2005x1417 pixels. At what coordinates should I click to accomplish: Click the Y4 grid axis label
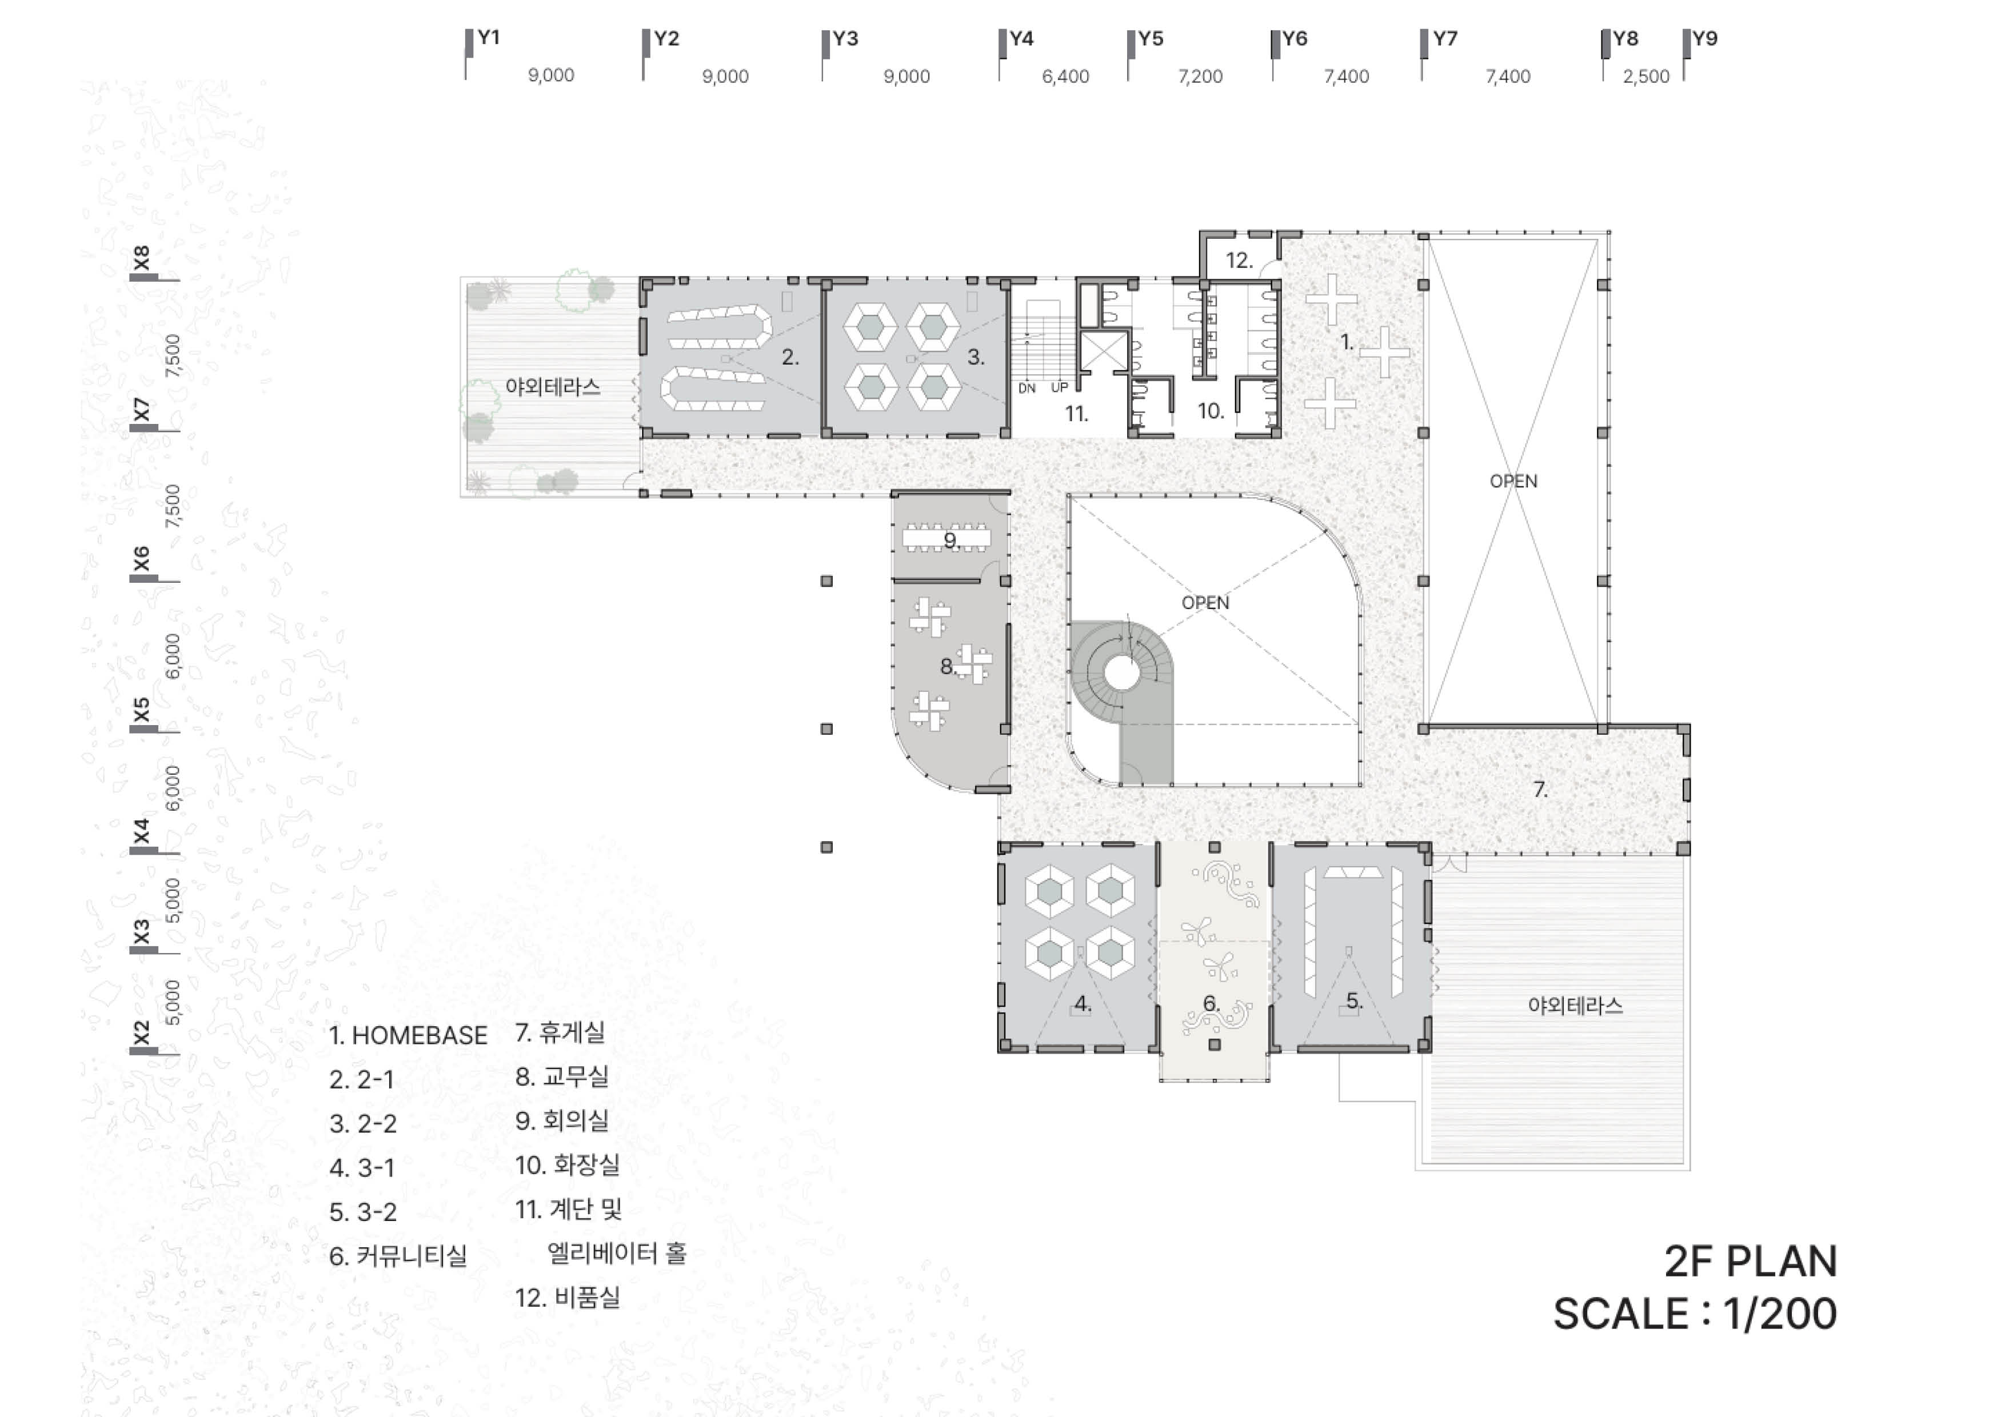click(x=1022, y=38)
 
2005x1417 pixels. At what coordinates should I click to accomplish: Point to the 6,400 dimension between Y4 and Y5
click(x=1065, y=77)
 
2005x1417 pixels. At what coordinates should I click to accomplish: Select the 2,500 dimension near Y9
click(x=1646, y=77)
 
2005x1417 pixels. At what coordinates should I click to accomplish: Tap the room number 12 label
click(x=1239, y=260)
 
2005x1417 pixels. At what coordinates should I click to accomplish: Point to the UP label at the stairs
click(x=1059, y=387)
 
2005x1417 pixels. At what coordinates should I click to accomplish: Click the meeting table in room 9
click(x=946, y=538)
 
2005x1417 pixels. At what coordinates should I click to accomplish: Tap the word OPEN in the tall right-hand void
click(x=1513, y=481)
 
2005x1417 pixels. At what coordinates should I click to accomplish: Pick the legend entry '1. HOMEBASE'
click(x=408, y=1035)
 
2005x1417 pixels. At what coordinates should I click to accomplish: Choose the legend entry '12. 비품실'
click(x=568, y=1298)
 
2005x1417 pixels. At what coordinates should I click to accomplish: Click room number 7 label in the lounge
click(x=1540, y=789)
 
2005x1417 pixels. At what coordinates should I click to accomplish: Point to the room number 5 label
click(x=1353, y=1002)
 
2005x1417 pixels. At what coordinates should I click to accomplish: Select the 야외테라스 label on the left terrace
click(x=553, y=387)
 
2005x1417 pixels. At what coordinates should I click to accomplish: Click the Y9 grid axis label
click(x=1704, y=38)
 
